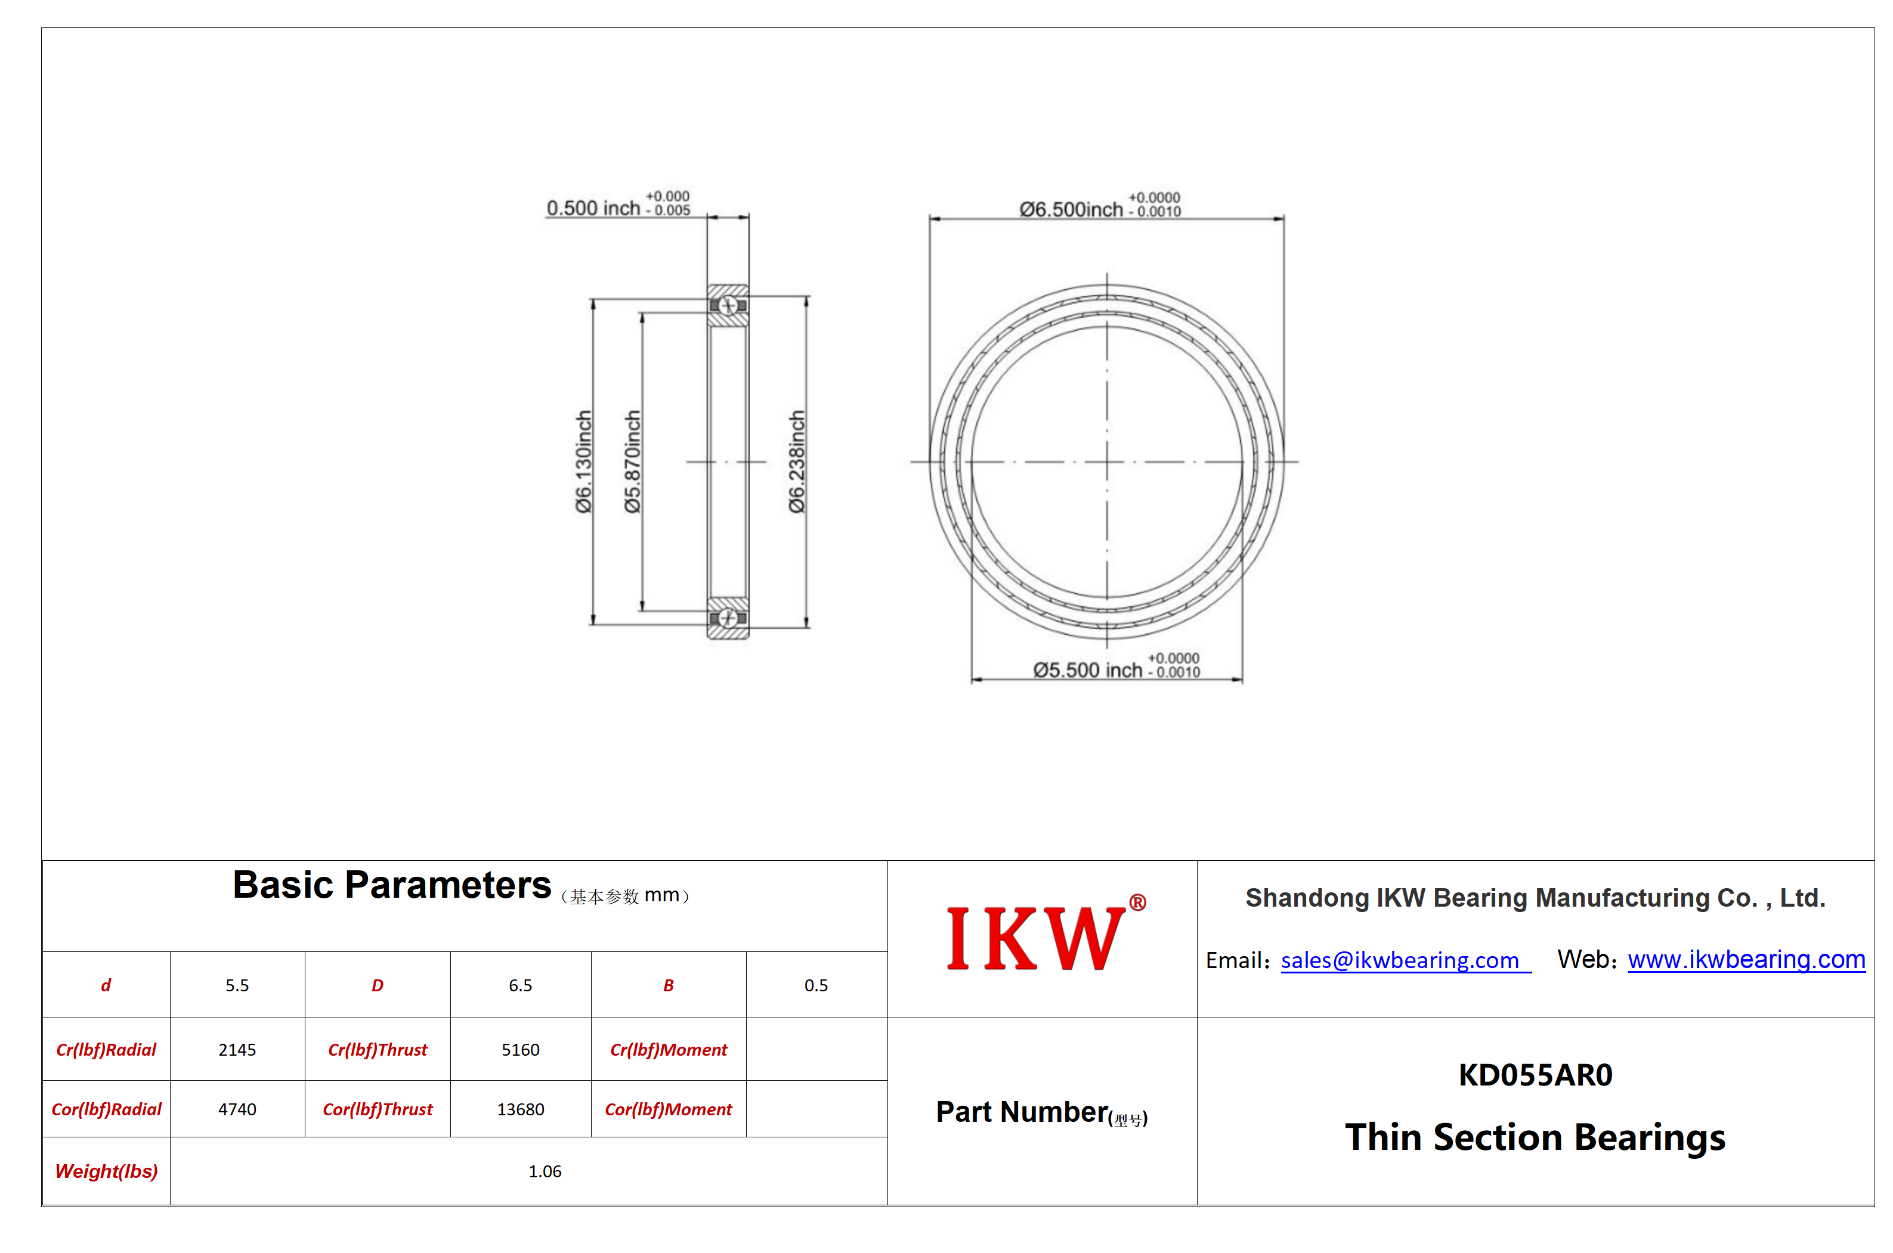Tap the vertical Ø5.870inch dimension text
tap(632, 461)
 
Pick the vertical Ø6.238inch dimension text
tap(796, 461)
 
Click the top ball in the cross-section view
tap(728, 305)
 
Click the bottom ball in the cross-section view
tap(728, 618)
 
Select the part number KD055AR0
tap(1535, 1075)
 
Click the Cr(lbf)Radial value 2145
tap(237, 1049)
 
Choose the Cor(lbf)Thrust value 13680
tap(521, 1109)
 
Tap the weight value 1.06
tap(545, 1171)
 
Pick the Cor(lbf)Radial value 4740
tap(237, 1109)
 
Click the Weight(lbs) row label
tap(106, 1171)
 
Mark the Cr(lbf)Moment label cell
tap(669, 1049)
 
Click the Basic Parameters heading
tap(392, 885)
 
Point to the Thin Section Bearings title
tap(1535, 1137)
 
